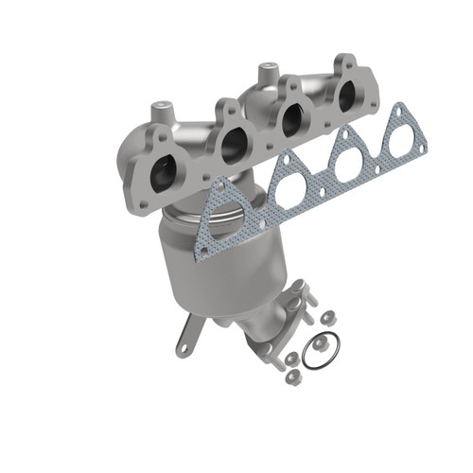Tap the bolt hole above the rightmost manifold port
coord(338,63)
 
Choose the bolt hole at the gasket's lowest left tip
coord(201,249)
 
